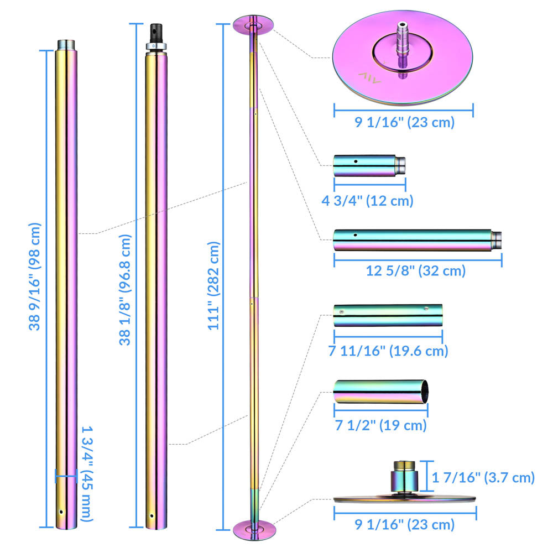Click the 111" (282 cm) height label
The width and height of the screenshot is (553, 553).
(x=214, y=285)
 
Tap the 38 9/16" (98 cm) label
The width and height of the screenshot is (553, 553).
(x=35, y=276)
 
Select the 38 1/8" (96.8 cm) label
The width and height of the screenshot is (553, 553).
(x=126, y=289)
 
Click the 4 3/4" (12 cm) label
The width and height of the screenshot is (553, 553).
(x=367, y=200)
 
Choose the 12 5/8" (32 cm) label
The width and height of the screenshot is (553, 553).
(x=416, y=271)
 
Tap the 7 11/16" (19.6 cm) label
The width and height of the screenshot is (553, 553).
(x=388, y=351)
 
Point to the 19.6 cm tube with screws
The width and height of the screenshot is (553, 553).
(x=388, y=315)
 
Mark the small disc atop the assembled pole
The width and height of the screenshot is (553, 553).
(x=253, y=25)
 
